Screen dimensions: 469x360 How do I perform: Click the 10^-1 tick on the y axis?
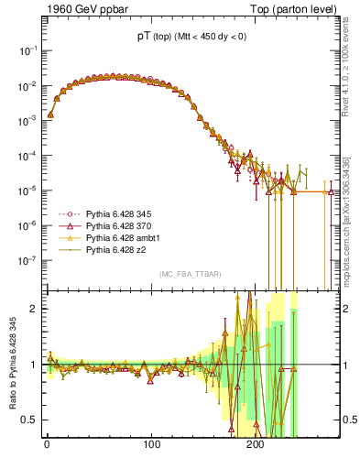pyautogui.click(x=29, y=51)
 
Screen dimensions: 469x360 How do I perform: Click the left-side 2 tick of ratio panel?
pyautogui.click(x=36, y=309)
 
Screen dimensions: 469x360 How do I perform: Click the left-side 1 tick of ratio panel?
pyautogui.click(x=36, y=365)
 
